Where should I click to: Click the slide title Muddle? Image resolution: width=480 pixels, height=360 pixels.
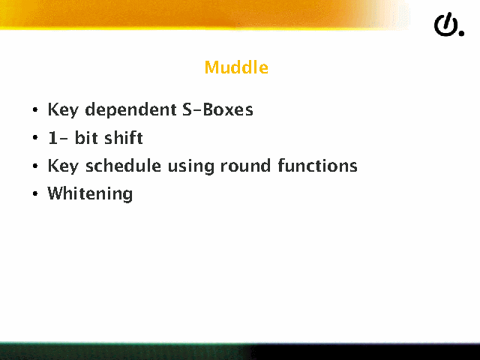point(236,67)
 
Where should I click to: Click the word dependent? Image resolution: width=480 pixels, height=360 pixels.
point(130,110)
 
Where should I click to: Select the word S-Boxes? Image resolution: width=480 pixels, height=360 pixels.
point(217,109)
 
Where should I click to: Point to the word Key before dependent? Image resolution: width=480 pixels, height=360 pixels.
point(63,110)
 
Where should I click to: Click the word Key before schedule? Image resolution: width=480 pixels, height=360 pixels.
point(63,166)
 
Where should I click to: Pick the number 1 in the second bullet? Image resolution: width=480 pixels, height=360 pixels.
point(53,138)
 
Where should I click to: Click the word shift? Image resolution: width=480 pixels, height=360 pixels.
point(124,137)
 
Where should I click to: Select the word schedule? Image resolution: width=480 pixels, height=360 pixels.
point(123,166)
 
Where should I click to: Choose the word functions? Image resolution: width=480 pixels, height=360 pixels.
point(317,166)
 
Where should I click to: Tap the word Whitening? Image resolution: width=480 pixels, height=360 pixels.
point(90,194)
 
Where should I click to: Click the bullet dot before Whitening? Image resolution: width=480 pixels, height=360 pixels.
point(35,193)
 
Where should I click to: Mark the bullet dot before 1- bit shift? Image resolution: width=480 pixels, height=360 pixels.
point(35,137)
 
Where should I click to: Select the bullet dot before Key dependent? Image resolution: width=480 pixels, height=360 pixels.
point(35,109)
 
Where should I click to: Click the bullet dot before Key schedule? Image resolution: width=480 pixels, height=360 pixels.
point(35,166)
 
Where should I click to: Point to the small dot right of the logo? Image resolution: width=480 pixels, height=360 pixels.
point(461,33)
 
